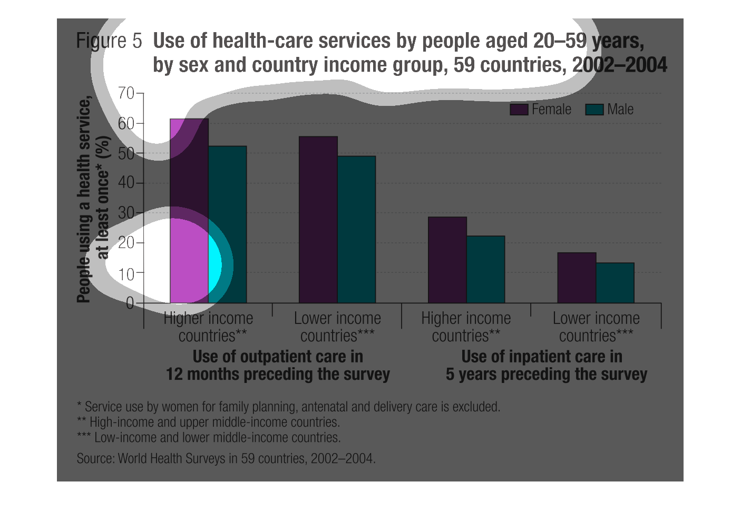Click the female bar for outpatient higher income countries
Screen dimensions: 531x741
[189, 211]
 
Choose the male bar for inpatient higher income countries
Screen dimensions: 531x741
[485, 269]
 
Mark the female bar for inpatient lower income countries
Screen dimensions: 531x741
[577, 278]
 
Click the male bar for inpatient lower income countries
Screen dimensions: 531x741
[615, 283]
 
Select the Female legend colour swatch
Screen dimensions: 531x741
[519, 110]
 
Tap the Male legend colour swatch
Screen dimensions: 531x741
[594, 110]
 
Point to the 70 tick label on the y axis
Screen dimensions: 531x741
[126, 93]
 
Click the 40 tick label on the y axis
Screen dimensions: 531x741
[126, 183]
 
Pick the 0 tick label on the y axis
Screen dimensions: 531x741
[130, 303]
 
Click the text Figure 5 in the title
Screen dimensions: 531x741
[109, 41]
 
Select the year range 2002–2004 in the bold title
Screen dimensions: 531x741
[620, 65]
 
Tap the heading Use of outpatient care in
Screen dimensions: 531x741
[278, 357]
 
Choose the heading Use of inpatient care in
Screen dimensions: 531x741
[542, 357]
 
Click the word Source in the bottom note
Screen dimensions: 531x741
[95, 458]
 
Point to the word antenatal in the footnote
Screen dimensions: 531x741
[325, 407]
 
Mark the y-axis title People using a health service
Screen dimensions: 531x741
[84, 200]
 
